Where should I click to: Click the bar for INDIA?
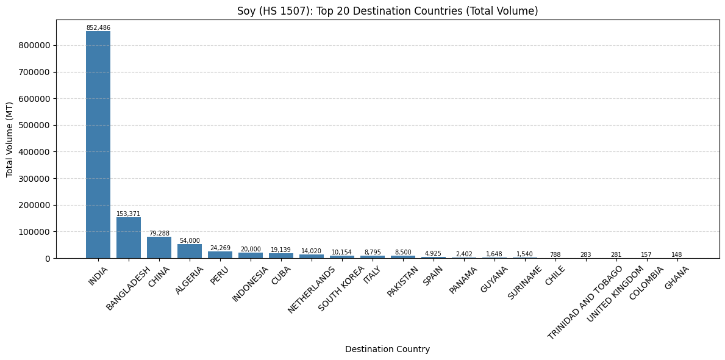point(98,145)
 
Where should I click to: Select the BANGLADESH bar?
point(129,238)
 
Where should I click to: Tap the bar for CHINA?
point(159,248)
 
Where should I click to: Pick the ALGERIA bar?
point(190,251)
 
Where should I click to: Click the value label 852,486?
point(99,28)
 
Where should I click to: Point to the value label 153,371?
point(129,214)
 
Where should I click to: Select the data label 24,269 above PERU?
point(220,248)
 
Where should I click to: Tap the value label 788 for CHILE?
point(555,254)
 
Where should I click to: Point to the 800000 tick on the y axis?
point(37,45)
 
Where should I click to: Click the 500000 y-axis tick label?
point(37,126)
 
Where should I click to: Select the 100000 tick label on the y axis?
point(37,232)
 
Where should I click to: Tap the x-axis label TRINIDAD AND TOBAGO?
point(585,303)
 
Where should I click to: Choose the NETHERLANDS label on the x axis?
point(311,290)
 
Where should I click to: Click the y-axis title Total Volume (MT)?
point(10,139)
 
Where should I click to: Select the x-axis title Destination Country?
point(387,350)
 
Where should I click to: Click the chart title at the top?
point(387,11)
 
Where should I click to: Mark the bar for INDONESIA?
point(251,256)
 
